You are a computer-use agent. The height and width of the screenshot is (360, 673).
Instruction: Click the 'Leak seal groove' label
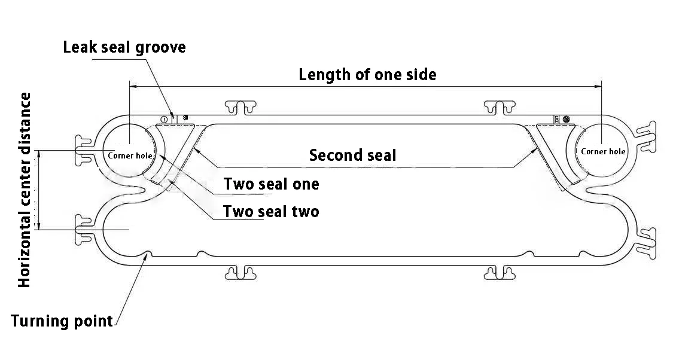124,47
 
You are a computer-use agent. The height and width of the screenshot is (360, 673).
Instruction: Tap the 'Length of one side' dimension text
367,75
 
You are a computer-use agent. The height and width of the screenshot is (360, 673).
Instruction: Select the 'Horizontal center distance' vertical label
25,190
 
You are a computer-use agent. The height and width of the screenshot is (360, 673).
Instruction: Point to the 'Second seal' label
352,155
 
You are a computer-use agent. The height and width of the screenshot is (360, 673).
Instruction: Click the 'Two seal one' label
271,184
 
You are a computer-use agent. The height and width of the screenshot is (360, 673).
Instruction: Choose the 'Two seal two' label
270,211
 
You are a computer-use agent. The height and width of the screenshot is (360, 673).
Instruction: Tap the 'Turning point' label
62,321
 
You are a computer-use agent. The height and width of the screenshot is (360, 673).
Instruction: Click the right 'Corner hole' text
603,151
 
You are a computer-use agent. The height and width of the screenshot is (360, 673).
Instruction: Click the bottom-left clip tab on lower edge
241,273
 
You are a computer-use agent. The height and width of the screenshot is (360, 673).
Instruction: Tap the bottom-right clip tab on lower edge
500,273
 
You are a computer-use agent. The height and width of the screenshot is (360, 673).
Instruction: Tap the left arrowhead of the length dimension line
133,87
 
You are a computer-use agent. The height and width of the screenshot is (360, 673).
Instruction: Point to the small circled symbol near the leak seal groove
164,119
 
